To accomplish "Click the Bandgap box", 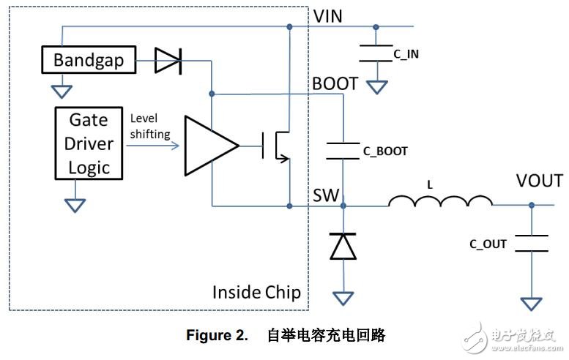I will (x=89, y=61).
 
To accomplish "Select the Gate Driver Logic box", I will (x=89, y=143).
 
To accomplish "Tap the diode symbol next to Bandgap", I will (x=168, y=61).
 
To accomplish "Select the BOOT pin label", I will (x=336, y=83).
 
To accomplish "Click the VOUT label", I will (x=539, y=181).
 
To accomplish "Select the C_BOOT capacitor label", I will (x=385, y=151).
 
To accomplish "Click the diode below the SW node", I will (x=343, y=247).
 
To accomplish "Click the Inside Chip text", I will (x=256, y=292).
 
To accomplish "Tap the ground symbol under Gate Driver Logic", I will (x=74, y=204).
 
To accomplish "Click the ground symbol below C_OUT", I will (x=532, y=302).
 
